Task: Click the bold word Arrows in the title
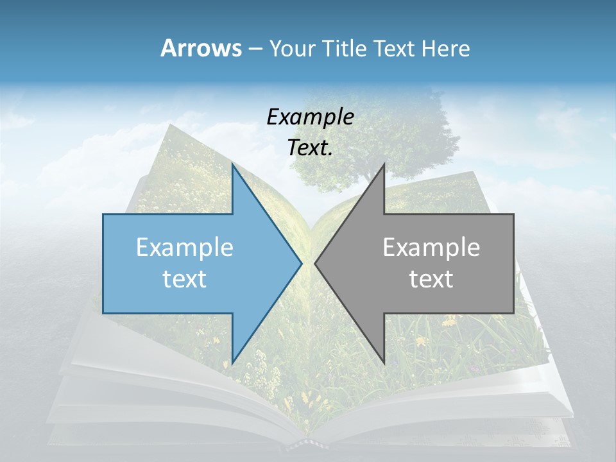(201, 48)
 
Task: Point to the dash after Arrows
(255, 49)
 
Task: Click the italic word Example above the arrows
(310, 117)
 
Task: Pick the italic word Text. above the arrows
(310, 148)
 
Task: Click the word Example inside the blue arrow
(184, 247)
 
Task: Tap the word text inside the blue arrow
(184, 278)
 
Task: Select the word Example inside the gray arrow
(431, 247)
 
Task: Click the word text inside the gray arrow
(431, 278)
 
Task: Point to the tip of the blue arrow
(302, 263)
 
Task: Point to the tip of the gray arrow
(315, 263)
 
